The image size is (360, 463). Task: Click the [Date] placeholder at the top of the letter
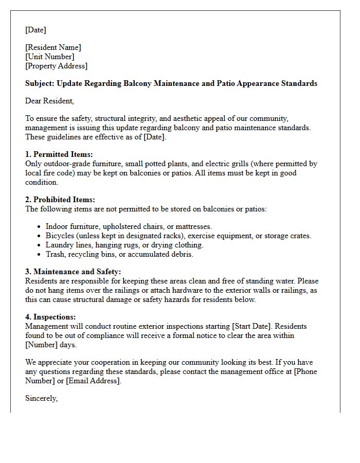(x=35, y=30)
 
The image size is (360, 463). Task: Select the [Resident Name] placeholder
(x=53, y=47)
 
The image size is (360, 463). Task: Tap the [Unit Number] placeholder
(x=49, y=57)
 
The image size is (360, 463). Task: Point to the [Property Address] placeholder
(x=56, y=66)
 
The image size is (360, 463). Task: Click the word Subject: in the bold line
(x=40, y=83)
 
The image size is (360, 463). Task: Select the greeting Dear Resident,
(x=49, y=101)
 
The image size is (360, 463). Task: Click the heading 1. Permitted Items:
(x=59, y=154)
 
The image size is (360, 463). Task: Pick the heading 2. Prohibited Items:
(x=60, y=200)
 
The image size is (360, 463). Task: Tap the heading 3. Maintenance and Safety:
(x=73, y=272)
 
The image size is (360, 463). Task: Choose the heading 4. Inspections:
(x=50, y=317)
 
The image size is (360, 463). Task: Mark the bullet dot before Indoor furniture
(x=39, y=227)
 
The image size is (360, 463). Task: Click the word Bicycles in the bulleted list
(x=60, y=236)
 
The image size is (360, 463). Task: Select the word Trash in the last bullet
(x=55, y=254)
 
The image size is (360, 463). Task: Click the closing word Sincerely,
(x=41, y=398)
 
